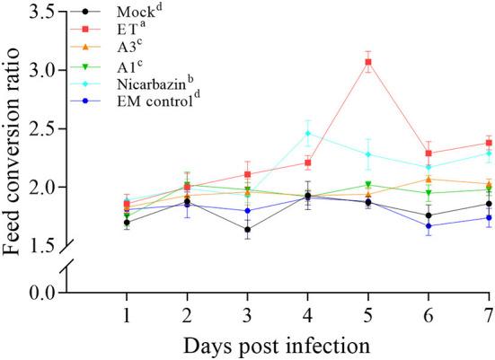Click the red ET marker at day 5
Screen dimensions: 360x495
click(x=367, y=62)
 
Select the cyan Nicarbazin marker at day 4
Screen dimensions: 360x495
click(x=307, y=133)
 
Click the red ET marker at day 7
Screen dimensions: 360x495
click(x=488, y=143)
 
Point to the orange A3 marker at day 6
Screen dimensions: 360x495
click(x=428, y=179)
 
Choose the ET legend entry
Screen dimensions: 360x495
click(x=131, y=31)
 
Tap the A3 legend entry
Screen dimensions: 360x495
click(x=131, y=48)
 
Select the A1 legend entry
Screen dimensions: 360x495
click(x=131, y=66)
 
